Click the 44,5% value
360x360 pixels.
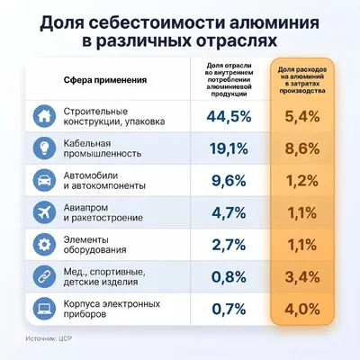[229, 116]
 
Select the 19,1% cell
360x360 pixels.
[229, 148]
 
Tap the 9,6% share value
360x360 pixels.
[229, 181]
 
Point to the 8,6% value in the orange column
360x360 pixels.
[302, 148]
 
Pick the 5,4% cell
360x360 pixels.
[302, 116]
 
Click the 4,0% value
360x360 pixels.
[302, 309]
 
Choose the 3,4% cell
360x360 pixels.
[302, 277]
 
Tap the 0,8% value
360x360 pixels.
[229, 277]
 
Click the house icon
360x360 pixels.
[44, 116]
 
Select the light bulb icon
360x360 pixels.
[44, 148]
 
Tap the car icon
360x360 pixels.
[44, 181]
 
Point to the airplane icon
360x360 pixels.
[44, 212]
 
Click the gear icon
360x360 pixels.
[44, 245]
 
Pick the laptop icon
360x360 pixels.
[44, 309]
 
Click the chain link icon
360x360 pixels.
[44, 277]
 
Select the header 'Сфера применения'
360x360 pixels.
[105, 80]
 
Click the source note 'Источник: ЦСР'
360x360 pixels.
[49, 338]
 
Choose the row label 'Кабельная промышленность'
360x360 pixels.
[102, 148]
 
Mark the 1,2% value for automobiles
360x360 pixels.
[302, 181]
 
